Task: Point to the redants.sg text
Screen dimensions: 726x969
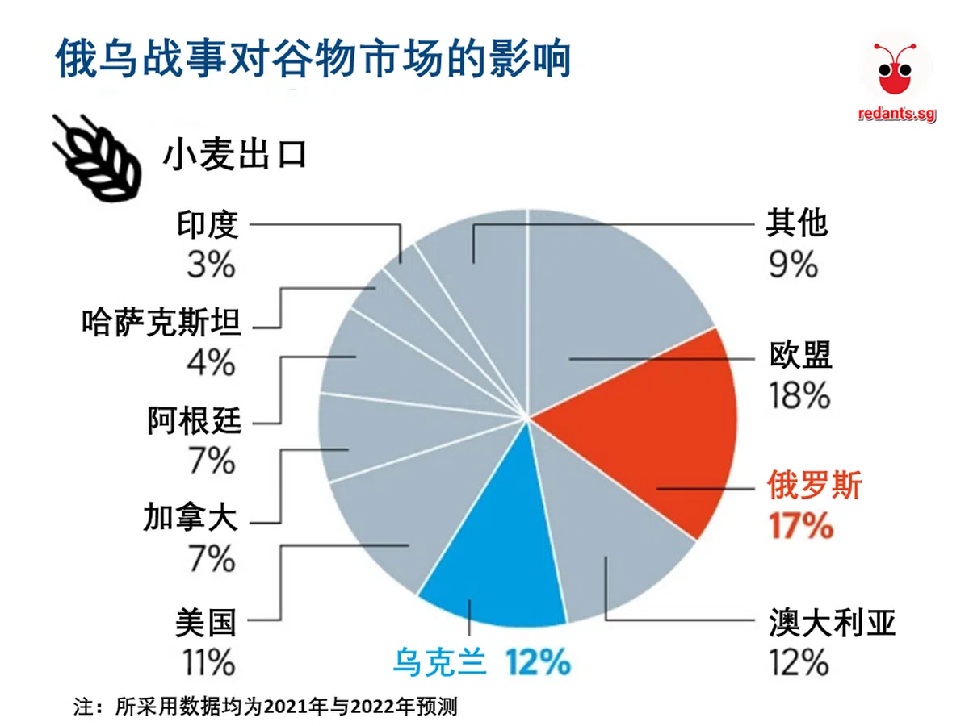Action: click(x=896, y=115)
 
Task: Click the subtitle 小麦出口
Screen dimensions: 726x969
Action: click(x=235, y=155)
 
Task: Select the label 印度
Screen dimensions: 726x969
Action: click(x=208, y=225)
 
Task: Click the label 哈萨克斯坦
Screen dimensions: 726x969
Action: click(x=161, y=323)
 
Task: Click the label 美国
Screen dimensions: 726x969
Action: click(x=205, y=623)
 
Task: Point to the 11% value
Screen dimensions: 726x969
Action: click(x=207, y=663)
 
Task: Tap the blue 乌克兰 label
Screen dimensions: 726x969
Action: click(x=439, y=663)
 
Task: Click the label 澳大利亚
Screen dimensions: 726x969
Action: click(x=833, y=623)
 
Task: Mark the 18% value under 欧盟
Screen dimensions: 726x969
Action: click(x=799, y=395)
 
